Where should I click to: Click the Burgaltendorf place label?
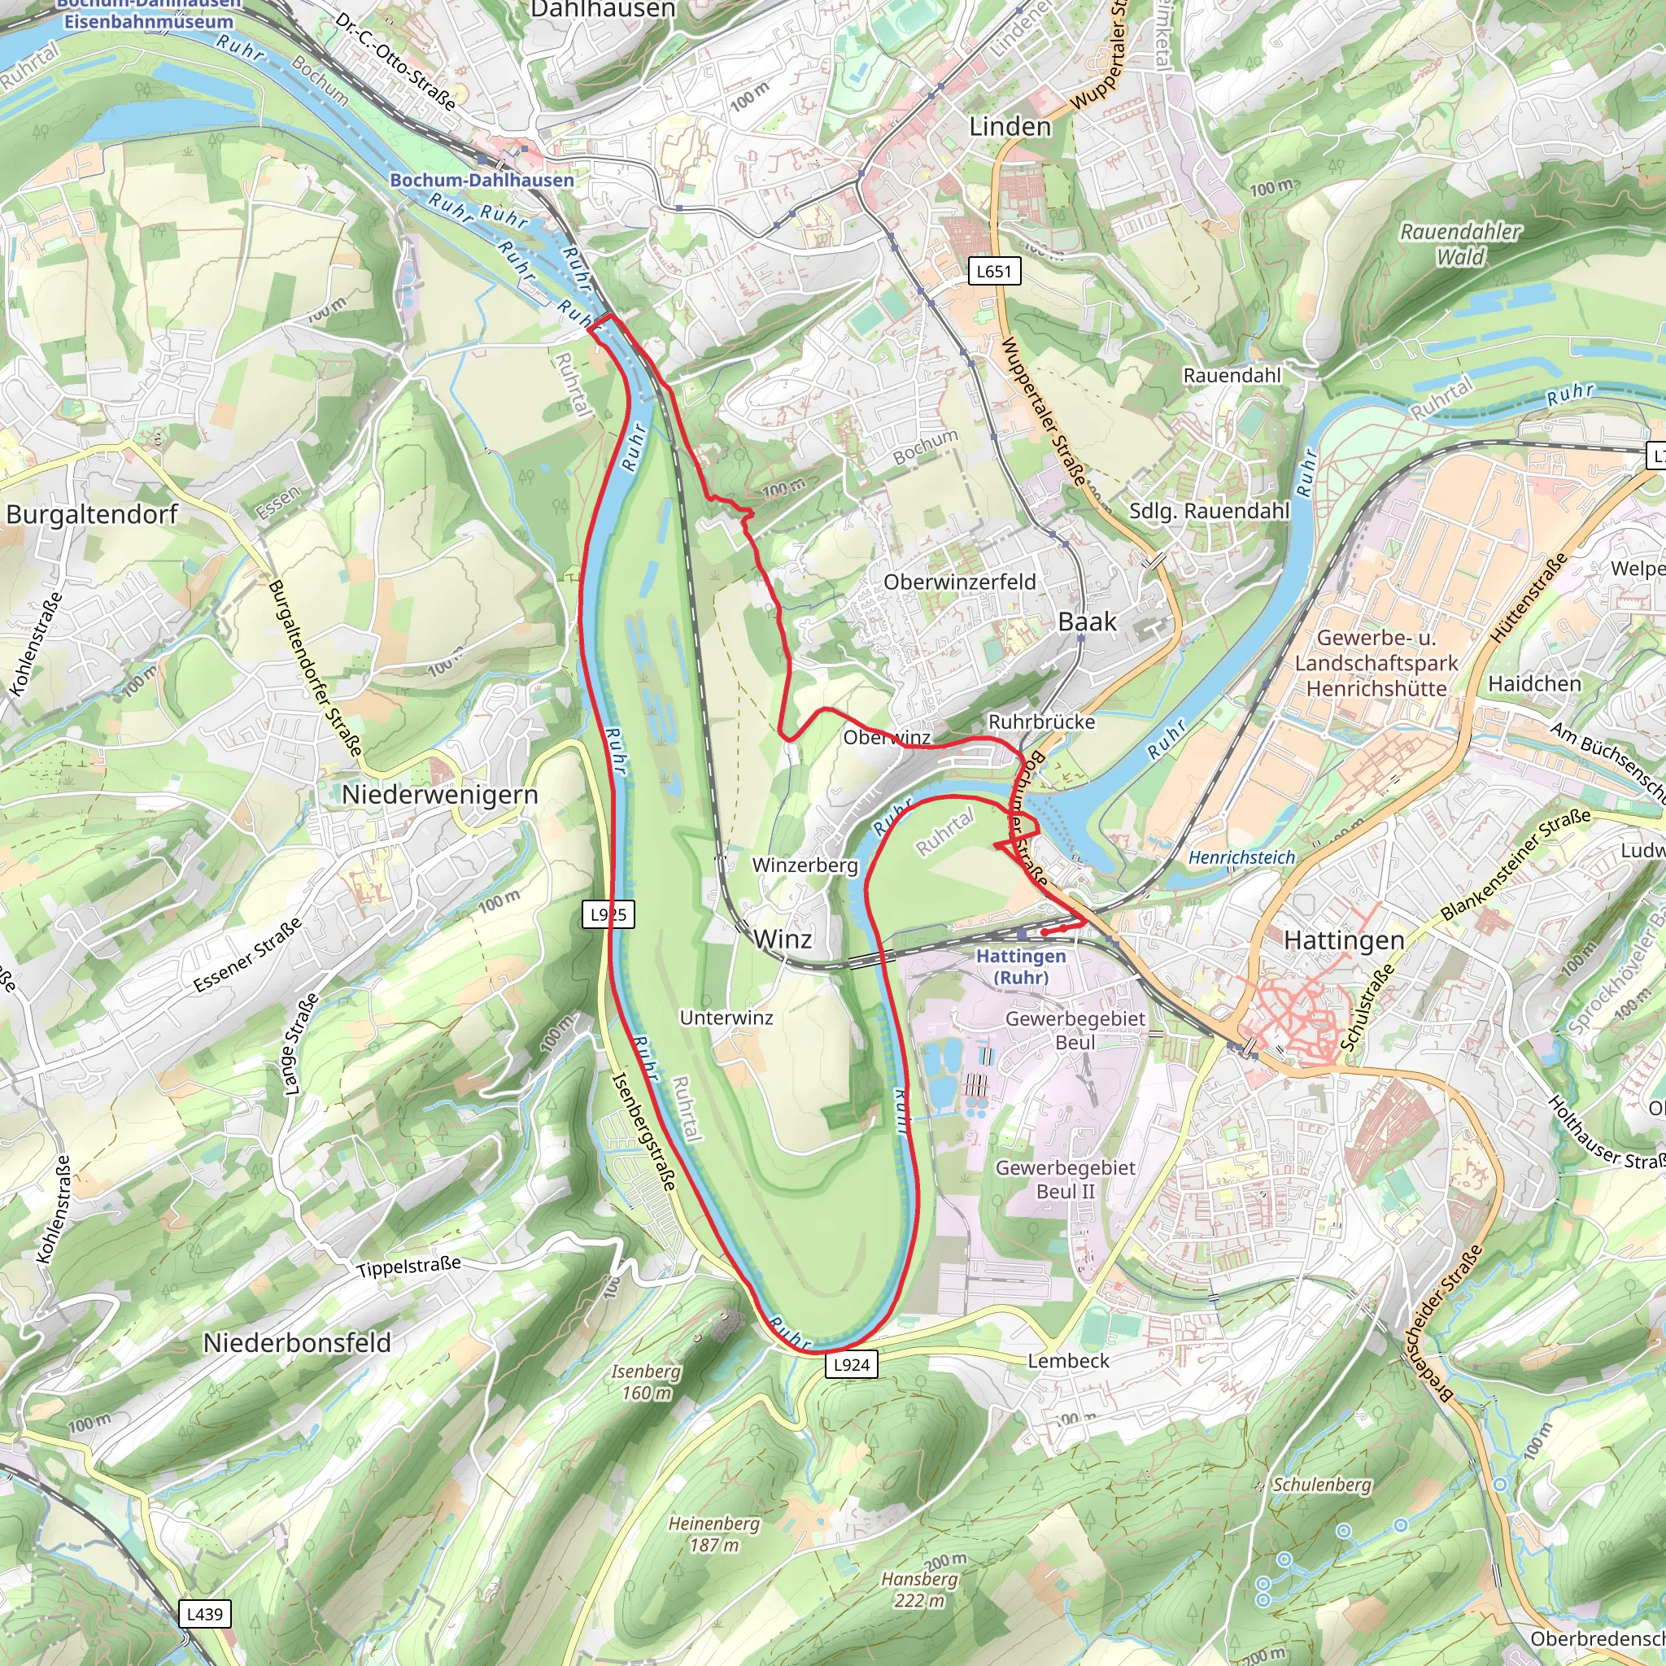[91, 515]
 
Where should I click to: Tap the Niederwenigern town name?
[440, 795]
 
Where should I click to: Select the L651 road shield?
[993, 272]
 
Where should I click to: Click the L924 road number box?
[851, 1364]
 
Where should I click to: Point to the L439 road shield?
[204, 1614]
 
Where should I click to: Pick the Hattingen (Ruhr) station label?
[1021, 966]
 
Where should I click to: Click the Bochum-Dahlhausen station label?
[482, 181]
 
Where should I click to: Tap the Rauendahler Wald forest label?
[1460, 244]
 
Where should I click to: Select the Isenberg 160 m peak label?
[646, 1382]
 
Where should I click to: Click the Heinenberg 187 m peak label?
[714, 1534]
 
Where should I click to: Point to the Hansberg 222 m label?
[919, 1590]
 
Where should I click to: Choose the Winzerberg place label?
[805, 865]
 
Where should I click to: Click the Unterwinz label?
[726, 1018]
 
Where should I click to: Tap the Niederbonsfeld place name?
[297, 1342]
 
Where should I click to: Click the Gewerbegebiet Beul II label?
[1065, 1179]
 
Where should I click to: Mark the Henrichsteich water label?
[1241, 857]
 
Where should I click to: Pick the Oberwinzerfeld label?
[960, 582]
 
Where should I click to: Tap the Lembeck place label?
[1068, 1361]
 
